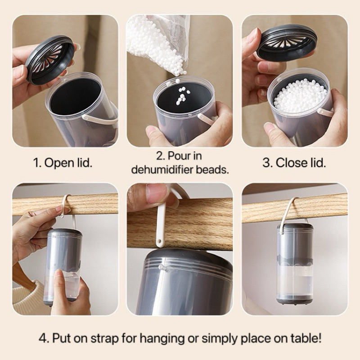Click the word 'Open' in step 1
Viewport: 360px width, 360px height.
pyautogui.click(x=56, y=163)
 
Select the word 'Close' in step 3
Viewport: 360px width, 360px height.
pyautogui.click(x=289, y=163)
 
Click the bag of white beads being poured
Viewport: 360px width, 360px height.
pyautogui.click(x=158, y=42)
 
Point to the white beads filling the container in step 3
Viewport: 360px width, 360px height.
pyautogui.click(x=300, y=96)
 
